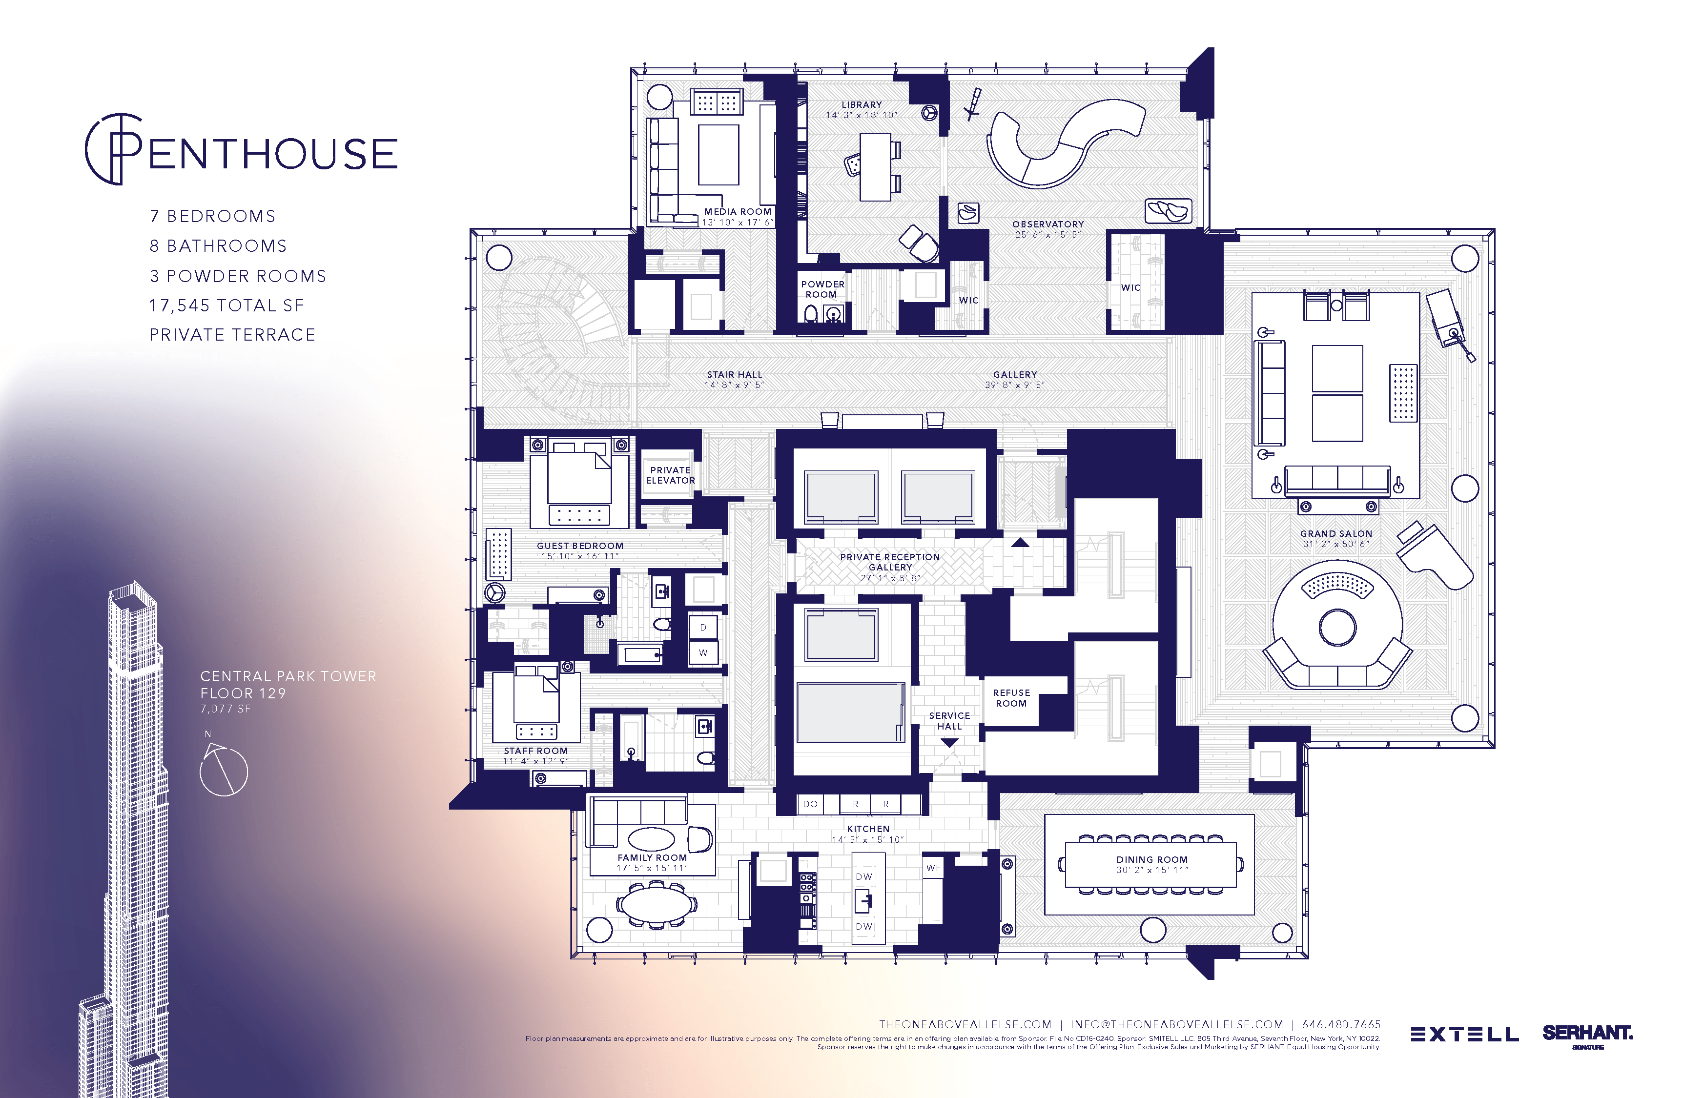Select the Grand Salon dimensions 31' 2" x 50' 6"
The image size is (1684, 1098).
point(1336,544)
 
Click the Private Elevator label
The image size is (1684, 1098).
point(670,475)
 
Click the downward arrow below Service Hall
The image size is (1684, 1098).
point(949,743)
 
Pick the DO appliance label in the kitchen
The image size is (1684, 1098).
point(810,804)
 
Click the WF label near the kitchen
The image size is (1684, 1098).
point(933,868)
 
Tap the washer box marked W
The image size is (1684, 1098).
point(702,653)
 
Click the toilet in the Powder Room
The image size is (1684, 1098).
point(811,313)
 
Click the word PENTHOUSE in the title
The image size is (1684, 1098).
point(272,154)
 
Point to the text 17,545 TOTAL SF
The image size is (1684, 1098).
point(226,305)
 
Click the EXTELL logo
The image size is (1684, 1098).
point(1464,1035)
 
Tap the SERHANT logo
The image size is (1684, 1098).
point(1587,1034)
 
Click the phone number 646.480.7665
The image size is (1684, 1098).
point(1341,1024)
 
